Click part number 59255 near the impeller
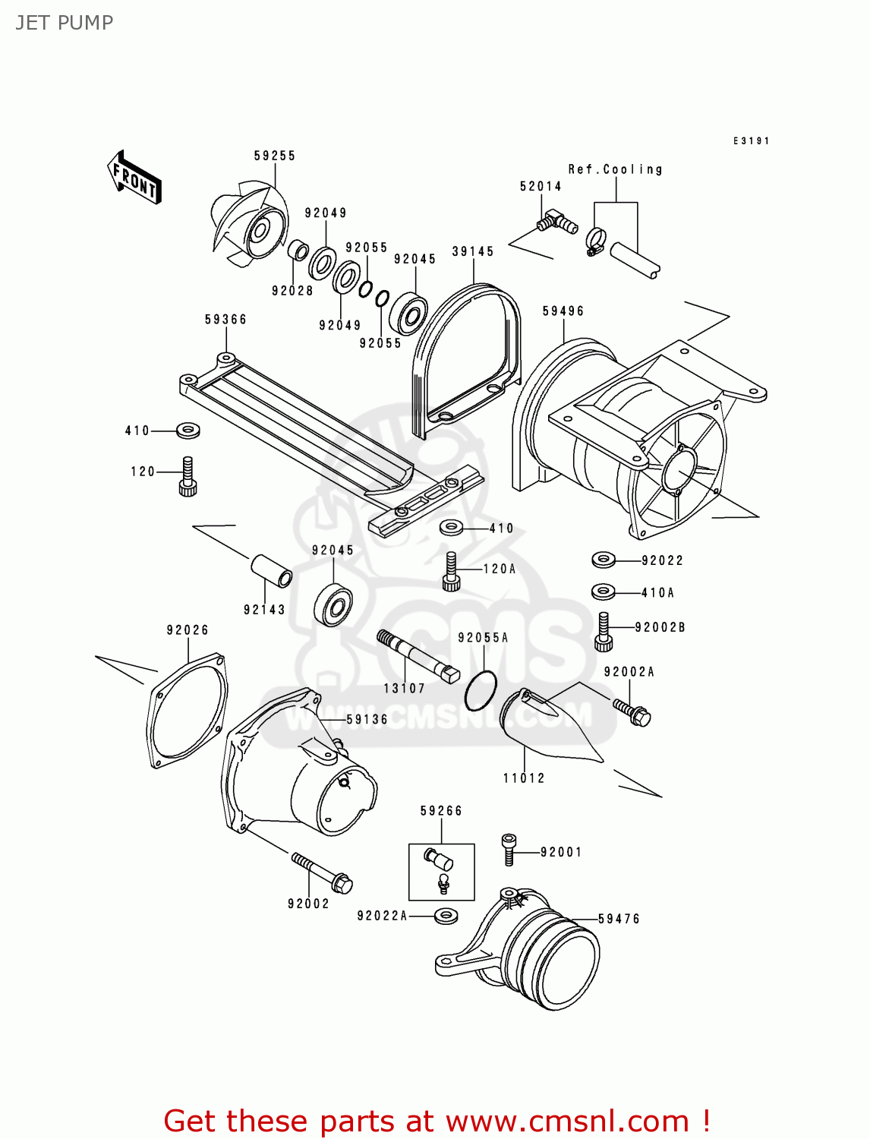275,156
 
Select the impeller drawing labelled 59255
250,225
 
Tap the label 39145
473,251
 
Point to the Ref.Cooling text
615,169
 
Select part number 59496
563,311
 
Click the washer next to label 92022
604,560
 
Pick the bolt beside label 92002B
604,632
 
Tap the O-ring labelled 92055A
481,691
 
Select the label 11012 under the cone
524,778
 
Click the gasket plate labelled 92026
187,711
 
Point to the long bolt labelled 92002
322,872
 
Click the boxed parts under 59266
442,872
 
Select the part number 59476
619,919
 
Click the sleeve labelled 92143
272,570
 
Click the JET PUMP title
65,23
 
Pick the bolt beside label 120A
452,572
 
